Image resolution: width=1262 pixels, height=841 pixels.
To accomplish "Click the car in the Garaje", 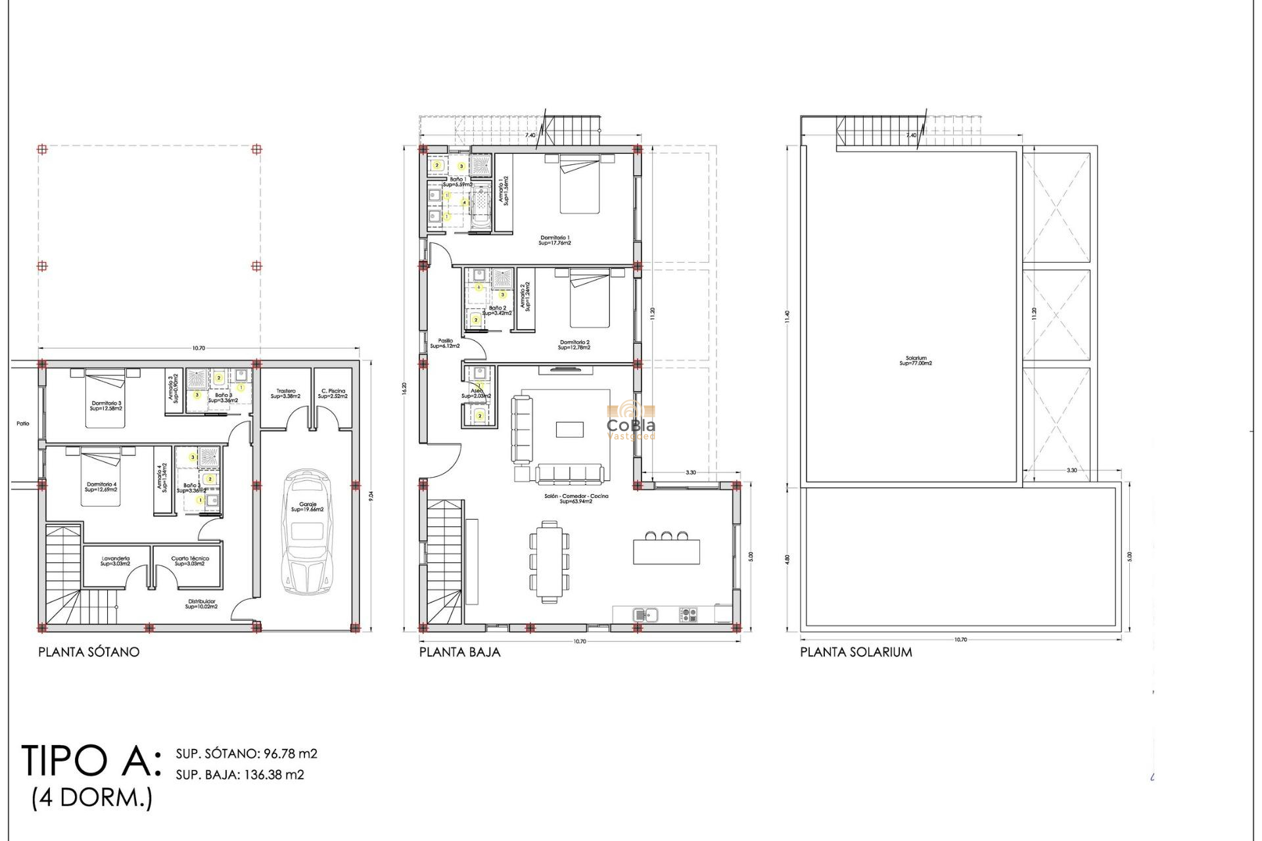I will pos(307,532).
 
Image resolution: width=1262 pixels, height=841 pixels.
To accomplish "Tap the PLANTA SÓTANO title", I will pos(89,652).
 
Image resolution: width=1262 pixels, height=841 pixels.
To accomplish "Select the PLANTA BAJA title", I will pos(459,652).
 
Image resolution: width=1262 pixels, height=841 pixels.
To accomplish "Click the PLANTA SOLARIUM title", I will pos(856,652).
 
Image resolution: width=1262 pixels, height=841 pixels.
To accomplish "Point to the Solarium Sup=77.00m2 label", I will pos(916,361).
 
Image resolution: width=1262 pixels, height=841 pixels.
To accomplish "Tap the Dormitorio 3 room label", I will pos(106,405).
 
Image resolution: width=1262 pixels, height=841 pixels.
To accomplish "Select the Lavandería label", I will pos(115,560).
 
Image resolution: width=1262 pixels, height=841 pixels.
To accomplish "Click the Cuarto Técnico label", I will pos(190,560).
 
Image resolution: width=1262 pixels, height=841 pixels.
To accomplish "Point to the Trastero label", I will pos(285,394).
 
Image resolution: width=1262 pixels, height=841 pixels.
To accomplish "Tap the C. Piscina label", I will pos(333,394).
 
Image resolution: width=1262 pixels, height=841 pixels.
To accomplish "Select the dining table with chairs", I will pos(549,561).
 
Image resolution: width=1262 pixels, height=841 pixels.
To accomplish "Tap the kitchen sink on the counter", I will pos(646,615).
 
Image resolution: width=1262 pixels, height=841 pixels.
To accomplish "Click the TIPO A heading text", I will pos(91,761).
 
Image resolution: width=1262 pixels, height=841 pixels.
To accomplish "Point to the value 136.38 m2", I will pos(274,775).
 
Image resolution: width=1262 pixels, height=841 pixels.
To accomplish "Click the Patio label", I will pos(23,424).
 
